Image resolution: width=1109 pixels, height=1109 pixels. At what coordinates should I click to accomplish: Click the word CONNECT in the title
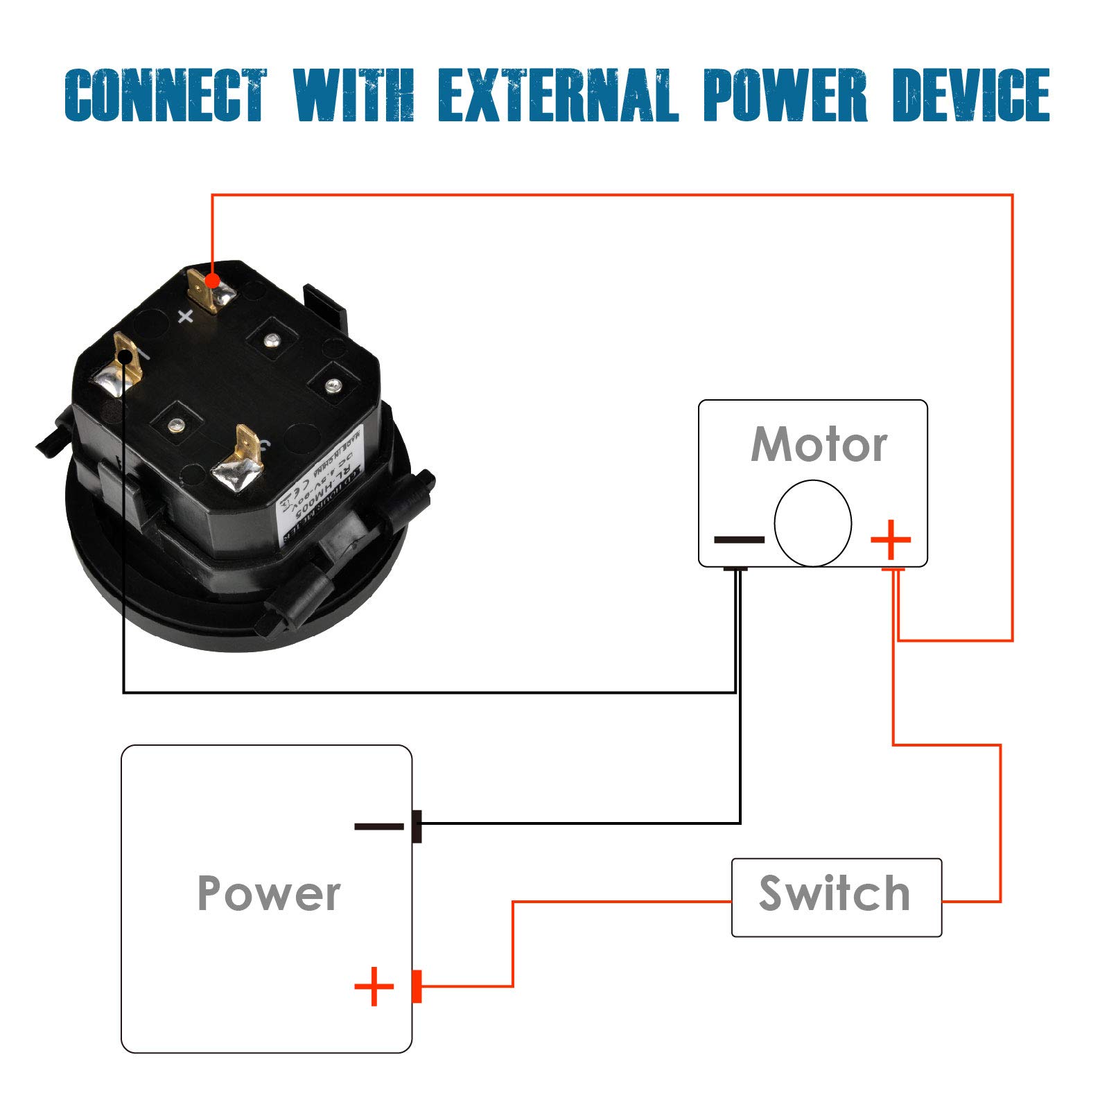pos(166,96)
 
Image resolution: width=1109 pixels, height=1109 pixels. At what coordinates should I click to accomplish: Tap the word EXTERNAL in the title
pos(558,96)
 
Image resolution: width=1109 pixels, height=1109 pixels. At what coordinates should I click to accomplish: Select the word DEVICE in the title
pos(971,96)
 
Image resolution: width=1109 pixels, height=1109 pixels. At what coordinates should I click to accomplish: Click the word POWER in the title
pos(785,96)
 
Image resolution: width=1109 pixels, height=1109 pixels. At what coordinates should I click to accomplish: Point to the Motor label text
pos(819,444)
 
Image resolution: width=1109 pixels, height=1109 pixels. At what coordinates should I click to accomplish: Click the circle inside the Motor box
pos(812,523)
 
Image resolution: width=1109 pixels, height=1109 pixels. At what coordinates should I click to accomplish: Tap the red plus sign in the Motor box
pos(891,539)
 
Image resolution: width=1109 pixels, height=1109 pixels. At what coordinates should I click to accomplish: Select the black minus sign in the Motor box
pos(739,539)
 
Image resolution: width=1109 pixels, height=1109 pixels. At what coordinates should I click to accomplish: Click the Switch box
pos(836,897)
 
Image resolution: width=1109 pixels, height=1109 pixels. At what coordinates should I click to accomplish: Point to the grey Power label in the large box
pos(269,893)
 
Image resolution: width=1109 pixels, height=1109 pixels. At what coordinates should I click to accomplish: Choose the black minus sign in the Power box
pos(378,826)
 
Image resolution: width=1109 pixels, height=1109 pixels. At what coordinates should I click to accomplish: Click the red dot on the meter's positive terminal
pos(212,281)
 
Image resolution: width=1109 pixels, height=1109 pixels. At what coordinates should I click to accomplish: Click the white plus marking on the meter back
pos(185,317)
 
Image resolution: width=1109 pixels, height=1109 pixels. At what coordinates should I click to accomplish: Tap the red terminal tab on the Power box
pos(417,986)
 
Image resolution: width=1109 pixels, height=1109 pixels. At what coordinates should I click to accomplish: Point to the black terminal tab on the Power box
pos(417,826)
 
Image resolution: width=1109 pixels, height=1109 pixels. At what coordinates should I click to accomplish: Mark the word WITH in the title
pos(353,96)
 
